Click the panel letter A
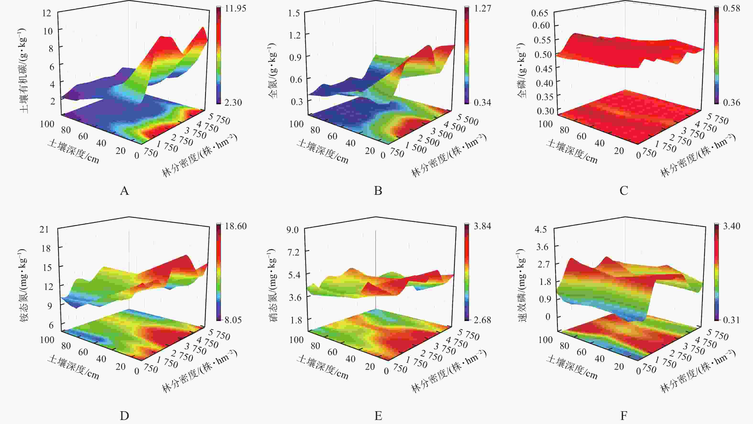(x=124, y=191)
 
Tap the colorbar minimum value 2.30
(x=233, y=102)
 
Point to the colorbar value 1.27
(x=482, y=8)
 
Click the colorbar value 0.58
(x=731, y=8)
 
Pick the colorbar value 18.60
(x=236, y=226)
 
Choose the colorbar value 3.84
(x=482, y=226)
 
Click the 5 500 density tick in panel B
(x=468, y=120)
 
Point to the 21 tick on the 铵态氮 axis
(x=44, y=229)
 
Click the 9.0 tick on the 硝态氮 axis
(x=292, y=230)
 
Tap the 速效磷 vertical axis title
(x=522, y=285)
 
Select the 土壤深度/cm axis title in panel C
(x=572, y=151)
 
